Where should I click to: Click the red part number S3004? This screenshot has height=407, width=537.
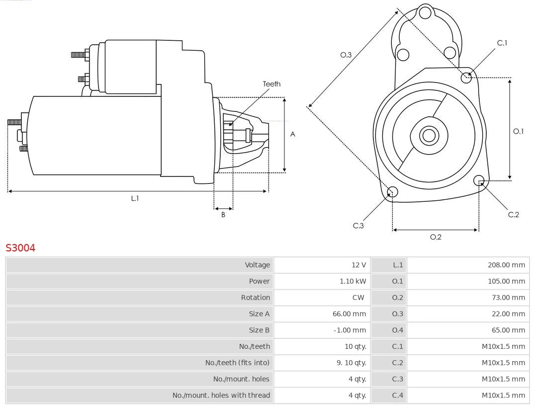[x=20, y=247]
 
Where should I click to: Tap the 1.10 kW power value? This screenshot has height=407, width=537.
[x=353, y=281]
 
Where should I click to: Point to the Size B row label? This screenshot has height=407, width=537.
[x=259, y=330]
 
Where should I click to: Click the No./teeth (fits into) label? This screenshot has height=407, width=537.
[x=237, y=363]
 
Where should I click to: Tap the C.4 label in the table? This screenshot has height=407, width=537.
[x=397, y=396]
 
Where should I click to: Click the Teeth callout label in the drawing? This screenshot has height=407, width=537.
[x=271, y=84]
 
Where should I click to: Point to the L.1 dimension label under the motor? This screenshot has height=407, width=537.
[x=135, y=198]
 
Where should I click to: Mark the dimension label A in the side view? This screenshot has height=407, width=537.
[x=293, y=134]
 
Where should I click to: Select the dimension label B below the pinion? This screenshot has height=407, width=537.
[x=223, y=215]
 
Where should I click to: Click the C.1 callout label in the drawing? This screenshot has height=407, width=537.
[x=502, y=43]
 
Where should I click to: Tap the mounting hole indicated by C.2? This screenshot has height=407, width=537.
[x=479, y=180]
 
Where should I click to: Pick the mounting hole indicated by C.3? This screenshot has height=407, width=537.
[x=392, y=192]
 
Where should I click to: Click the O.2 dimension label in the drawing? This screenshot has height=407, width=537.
[x=436, y=237]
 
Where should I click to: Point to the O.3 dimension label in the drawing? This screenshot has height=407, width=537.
[x=346, y=55]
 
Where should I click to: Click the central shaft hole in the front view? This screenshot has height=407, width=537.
[x=428, y=135]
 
